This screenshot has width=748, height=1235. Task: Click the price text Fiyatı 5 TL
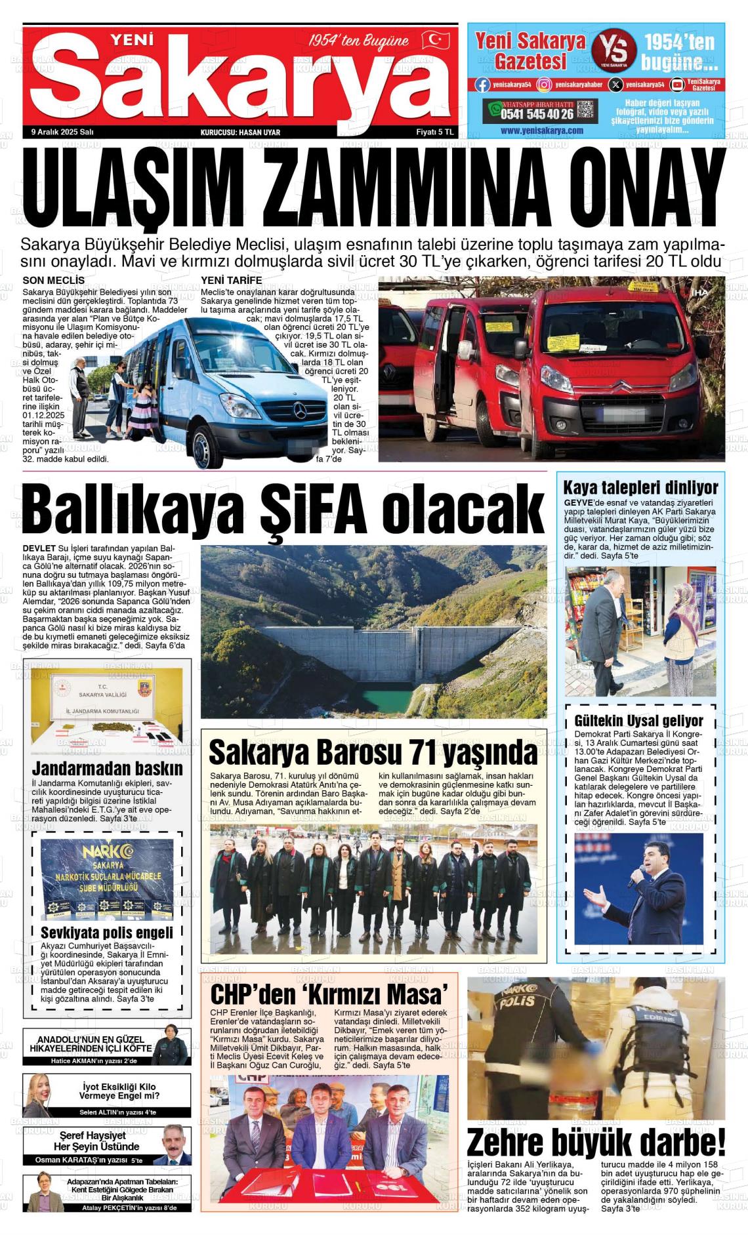pyautogui.click(x=435, y=132)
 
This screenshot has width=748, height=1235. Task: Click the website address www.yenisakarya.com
pyautogui.click(x=541, y=131)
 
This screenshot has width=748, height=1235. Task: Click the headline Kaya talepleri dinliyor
pyautogui.click(x=640, y=488)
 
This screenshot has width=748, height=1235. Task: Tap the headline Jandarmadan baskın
pyautogui.click(x=108, y=768)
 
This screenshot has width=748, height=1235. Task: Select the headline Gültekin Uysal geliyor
pyautogui.click(x=638, y=721)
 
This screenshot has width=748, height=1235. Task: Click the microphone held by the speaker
pyautogui.click(x=637, y=876)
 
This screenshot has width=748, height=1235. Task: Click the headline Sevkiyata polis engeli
pyautogui.click(x=107, y=933)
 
